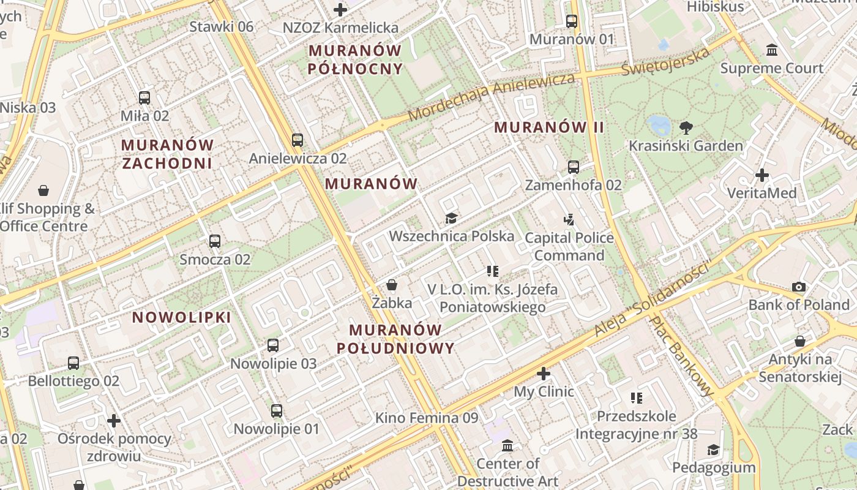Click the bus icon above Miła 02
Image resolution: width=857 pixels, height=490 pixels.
144,97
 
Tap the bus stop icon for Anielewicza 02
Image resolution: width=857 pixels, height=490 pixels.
298,140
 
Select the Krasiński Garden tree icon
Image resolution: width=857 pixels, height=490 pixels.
686,127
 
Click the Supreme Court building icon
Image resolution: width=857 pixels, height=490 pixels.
772,50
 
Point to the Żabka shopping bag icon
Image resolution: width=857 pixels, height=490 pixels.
392,285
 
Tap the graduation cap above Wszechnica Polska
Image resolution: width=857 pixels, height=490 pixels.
451,218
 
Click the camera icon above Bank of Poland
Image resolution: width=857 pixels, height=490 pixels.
799,287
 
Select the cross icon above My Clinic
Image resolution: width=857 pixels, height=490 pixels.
544,373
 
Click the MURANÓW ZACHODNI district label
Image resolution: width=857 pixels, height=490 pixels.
167,154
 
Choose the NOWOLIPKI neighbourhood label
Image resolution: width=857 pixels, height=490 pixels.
182,317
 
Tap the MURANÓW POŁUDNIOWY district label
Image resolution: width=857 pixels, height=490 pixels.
395,339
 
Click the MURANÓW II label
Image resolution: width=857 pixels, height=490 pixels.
549,127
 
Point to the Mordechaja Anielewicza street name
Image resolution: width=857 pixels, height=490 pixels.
492,97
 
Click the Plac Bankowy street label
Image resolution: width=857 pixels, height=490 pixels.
681,355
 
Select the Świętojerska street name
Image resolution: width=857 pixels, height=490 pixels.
665,61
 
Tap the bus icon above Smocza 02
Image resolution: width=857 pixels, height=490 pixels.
215,241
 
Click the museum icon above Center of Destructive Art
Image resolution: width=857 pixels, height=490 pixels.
507,445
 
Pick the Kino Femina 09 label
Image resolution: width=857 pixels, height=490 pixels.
426,418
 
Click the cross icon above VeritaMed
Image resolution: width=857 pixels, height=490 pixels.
762,175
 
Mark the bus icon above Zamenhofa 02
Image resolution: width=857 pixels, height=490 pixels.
573,167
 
